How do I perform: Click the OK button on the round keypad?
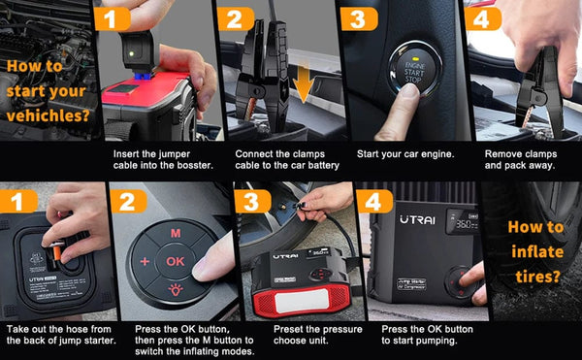[175, 259]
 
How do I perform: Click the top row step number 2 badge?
[233, 20]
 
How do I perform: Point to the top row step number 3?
[355, 20]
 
